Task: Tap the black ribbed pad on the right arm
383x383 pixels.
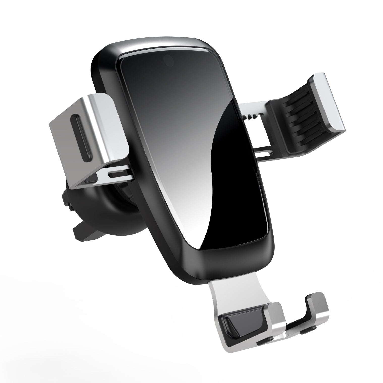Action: (x=295, y=121)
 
